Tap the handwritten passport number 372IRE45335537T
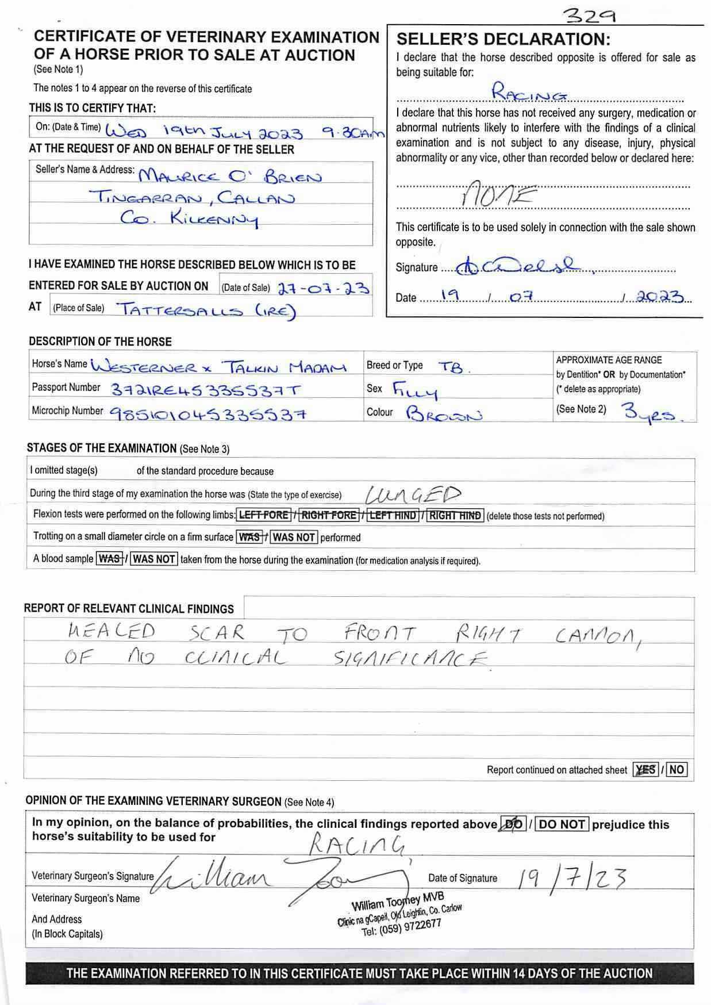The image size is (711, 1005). [205, 390]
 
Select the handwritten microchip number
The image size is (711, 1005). [207, 413]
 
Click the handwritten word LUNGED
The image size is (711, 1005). [413, 494]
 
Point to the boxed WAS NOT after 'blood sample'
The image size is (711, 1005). [154, 559]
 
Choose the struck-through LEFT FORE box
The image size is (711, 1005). [264, 515]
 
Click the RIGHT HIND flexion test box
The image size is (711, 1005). [455, 516]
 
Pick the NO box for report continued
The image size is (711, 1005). [677, 769]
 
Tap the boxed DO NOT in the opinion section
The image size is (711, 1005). [562, 824]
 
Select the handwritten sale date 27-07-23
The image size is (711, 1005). [323, 287]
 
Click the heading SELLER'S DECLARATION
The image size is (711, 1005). [503, 40]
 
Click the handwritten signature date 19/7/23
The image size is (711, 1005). [571, 878]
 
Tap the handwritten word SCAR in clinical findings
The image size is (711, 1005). [217, 632]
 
